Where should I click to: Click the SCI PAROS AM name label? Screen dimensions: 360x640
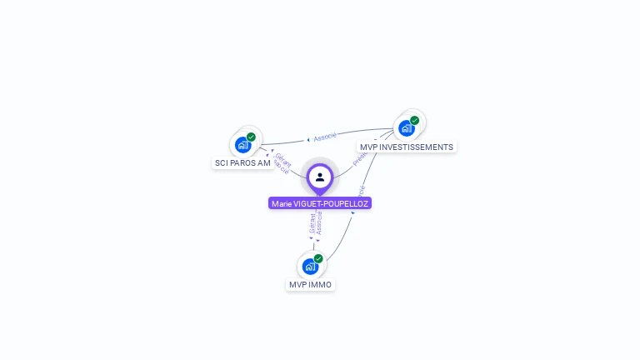[242, 162]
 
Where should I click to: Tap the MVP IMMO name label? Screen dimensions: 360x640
[310, 285]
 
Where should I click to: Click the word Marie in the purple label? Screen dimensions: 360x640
[282, 203]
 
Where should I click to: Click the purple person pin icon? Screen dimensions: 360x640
[320, 177]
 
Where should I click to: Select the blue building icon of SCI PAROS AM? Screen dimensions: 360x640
[242, 145]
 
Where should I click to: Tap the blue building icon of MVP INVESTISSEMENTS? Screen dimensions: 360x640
[406, 128]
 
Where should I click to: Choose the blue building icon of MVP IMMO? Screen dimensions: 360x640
[310, 267]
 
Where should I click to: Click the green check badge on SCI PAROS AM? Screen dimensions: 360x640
[251, 137]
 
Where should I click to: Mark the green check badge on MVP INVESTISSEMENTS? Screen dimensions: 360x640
[414, 120]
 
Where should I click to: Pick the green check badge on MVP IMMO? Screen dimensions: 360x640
[318, 258]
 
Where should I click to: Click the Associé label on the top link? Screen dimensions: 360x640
[325, 136]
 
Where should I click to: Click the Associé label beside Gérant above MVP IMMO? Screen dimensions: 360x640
[319, 223]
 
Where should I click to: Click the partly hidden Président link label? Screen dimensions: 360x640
[360, 158]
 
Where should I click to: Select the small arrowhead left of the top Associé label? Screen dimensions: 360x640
[308, 139]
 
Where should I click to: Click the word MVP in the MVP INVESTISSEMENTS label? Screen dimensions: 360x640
[368, 147]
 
